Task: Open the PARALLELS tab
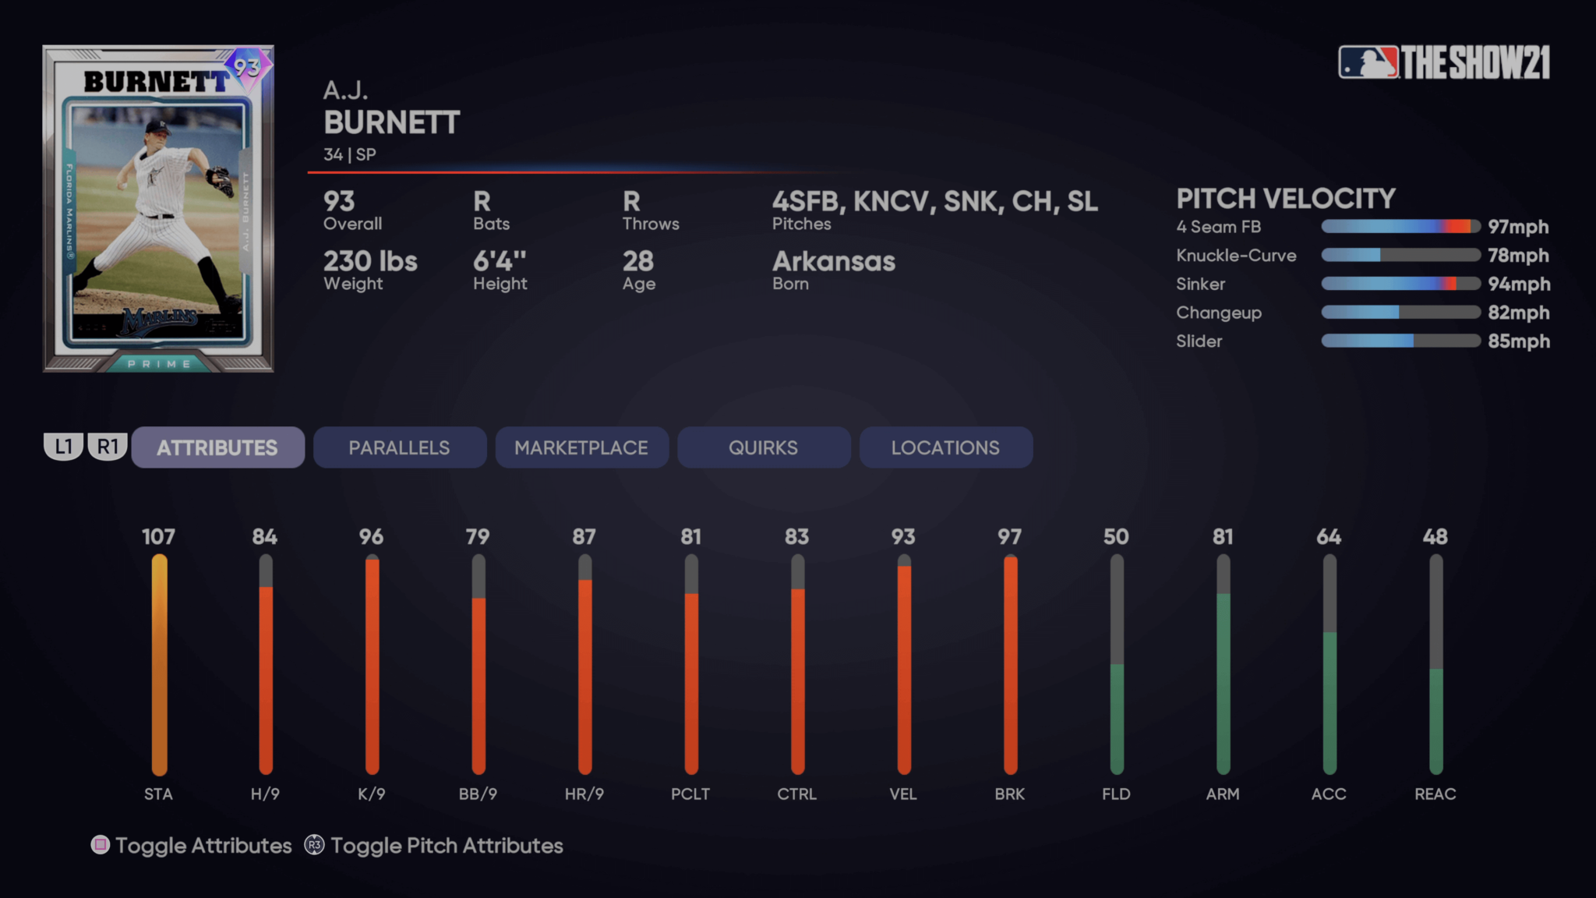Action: tap(399, 447)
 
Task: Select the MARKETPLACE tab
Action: tap(581, 447)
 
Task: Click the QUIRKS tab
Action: tap(763, 447)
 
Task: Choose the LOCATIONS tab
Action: tap(945, 447)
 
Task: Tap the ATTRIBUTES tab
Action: tap(217, 447)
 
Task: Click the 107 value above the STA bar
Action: tap(158, 536)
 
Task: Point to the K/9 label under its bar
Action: tap(371, 794)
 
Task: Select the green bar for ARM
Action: tap(1223, 682)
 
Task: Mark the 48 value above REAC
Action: tap(1435, 536)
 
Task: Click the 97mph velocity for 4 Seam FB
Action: tap(1518, 227)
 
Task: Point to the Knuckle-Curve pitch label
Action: tap(1236, 256)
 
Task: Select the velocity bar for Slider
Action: tap(1400, 341)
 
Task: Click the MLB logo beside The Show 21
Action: tap(1368, 62)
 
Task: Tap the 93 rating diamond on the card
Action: tap(248, 68)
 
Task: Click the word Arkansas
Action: tap(833, 261)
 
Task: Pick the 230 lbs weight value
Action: tap(370, 261)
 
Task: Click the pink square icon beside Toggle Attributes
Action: tap(101, 845)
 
